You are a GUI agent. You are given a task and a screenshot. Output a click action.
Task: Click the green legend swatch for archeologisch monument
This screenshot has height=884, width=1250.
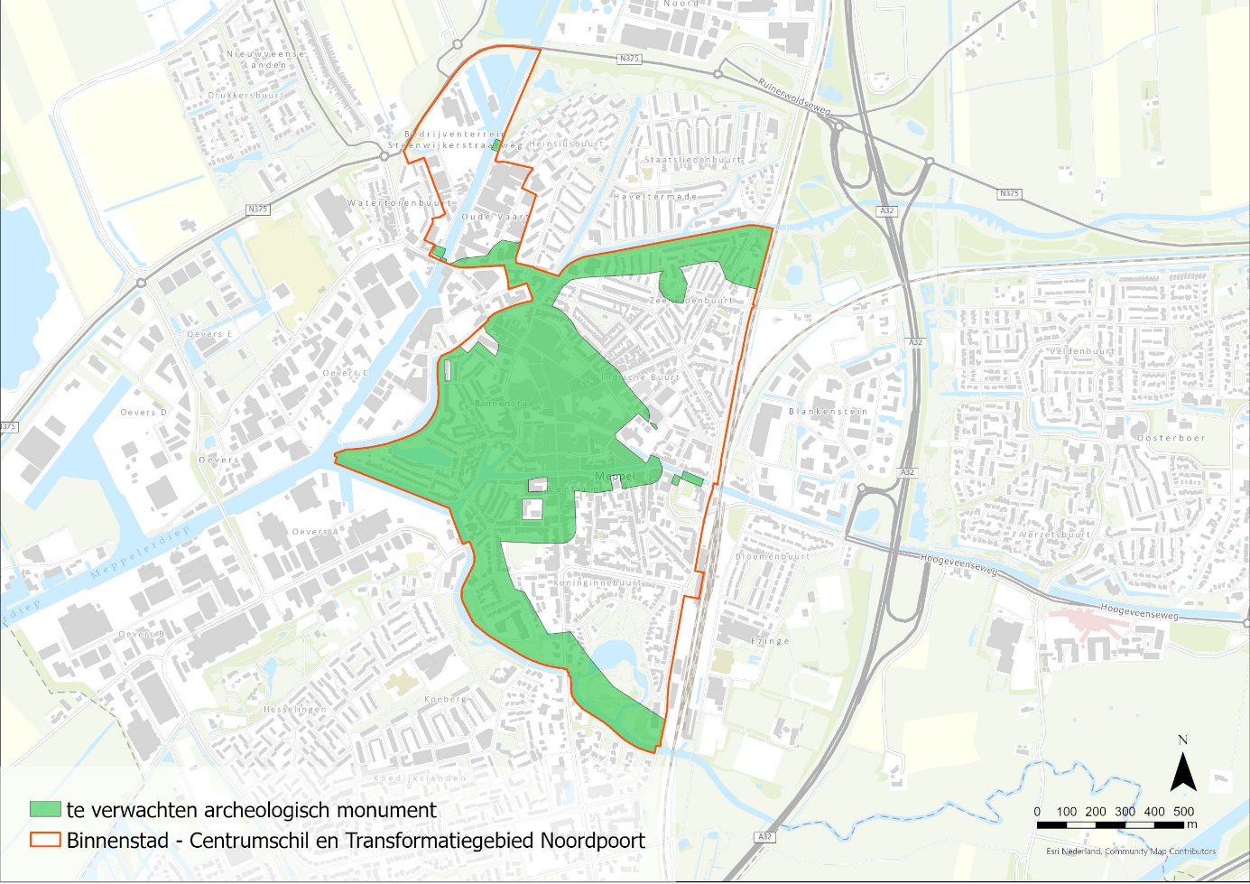[45, 810]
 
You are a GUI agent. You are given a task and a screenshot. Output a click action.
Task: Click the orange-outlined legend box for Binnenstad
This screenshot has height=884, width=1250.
[45, 840]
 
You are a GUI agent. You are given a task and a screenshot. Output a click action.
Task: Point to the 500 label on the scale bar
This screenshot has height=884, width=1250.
[1183, 812]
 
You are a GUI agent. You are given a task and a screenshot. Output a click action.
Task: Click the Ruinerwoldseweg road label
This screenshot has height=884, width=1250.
[794, 97]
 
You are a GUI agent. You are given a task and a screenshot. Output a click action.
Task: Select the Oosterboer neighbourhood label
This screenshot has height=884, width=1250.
[1171, 438]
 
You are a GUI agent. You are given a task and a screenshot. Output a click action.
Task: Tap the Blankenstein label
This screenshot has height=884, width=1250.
[828, 412]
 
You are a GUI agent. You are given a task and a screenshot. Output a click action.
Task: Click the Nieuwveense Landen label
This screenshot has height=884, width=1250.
[265, 60]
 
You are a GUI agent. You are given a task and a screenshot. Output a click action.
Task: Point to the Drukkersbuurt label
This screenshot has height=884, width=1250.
[245, 95]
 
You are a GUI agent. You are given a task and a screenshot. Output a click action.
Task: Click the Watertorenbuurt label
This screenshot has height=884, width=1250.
[398, 203]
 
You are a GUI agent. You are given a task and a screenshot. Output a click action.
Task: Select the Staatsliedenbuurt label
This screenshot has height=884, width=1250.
[692, 160]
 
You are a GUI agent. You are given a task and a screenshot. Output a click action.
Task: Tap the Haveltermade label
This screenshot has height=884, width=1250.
[654, 196]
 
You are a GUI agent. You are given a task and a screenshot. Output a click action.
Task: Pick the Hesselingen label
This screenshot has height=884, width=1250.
[294, 710]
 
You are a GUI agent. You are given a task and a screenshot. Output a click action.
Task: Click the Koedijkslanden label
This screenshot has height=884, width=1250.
[420, 777]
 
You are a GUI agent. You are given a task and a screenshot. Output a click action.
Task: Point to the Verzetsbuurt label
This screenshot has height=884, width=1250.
[1055, 535]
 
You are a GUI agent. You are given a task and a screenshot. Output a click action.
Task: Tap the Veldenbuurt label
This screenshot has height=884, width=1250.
[1081, 350]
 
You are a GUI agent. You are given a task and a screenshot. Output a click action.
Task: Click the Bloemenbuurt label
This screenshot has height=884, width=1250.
[772, 557]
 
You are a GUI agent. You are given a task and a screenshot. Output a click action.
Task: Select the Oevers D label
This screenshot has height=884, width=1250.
[144, 413]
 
